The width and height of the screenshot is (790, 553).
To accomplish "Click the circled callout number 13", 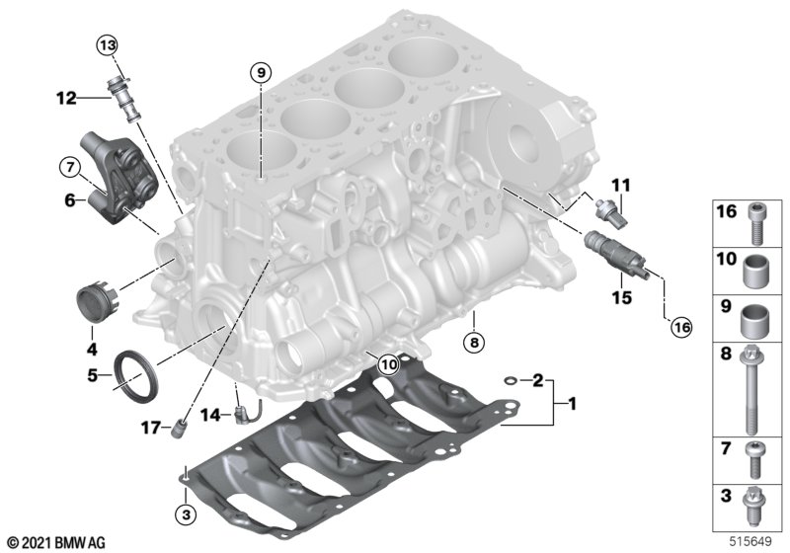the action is tap(107, 45).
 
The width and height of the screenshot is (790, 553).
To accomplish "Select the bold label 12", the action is tap(66, 98).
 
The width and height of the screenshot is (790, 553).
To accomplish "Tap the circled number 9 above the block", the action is tap(261, 73).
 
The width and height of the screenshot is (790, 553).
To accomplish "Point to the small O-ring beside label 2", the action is tap(511, 380).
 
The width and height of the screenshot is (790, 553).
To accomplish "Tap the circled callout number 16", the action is tap(681, 328).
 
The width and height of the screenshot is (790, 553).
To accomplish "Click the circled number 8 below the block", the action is tap(474, 343).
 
